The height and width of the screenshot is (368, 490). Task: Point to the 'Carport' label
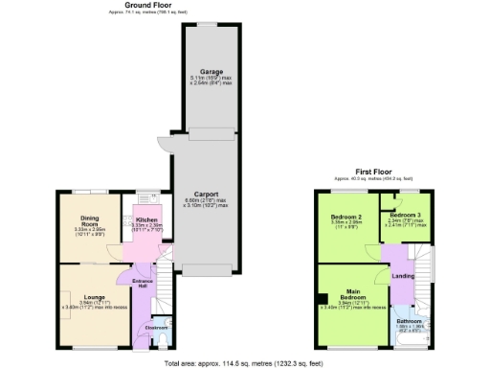(206, 193)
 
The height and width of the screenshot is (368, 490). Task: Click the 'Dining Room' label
(91, 220)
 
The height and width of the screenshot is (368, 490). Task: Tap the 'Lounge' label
(94, 297)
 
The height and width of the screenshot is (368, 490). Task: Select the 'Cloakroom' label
(145, 328)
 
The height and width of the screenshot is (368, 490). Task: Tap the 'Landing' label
(403, 277)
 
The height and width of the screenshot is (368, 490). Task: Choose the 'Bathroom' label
(410, 320)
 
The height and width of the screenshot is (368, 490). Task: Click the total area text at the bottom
(244, 362)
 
